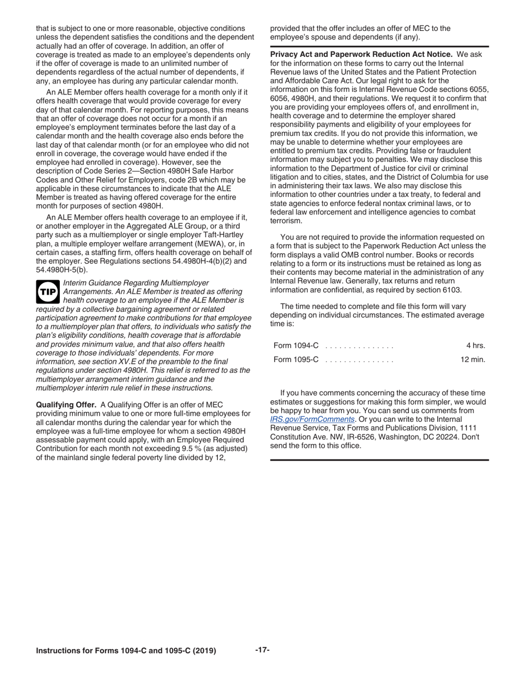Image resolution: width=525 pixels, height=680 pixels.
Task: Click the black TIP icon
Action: coord(48,291)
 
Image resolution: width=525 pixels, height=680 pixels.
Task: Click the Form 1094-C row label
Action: coord(296,346)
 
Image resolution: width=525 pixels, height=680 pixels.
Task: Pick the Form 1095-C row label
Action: coord(296,359)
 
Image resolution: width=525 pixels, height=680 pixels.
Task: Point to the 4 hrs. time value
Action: coord(475,346)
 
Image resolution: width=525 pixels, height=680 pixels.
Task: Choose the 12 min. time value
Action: coord(473,359)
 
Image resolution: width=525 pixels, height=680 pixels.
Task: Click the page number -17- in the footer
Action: coord(262,650)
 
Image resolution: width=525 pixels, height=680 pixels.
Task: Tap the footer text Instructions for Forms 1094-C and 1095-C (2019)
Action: coord(126,651)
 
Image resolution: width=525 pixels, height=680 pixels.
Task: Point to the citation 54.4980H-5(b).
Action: coord(61,269)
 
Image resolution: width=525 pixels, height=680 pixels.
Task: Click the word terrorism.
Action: coord(286,221)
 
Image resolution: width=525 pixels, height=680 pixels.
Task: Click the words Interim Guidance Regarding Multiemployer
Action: coord(136,283)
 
